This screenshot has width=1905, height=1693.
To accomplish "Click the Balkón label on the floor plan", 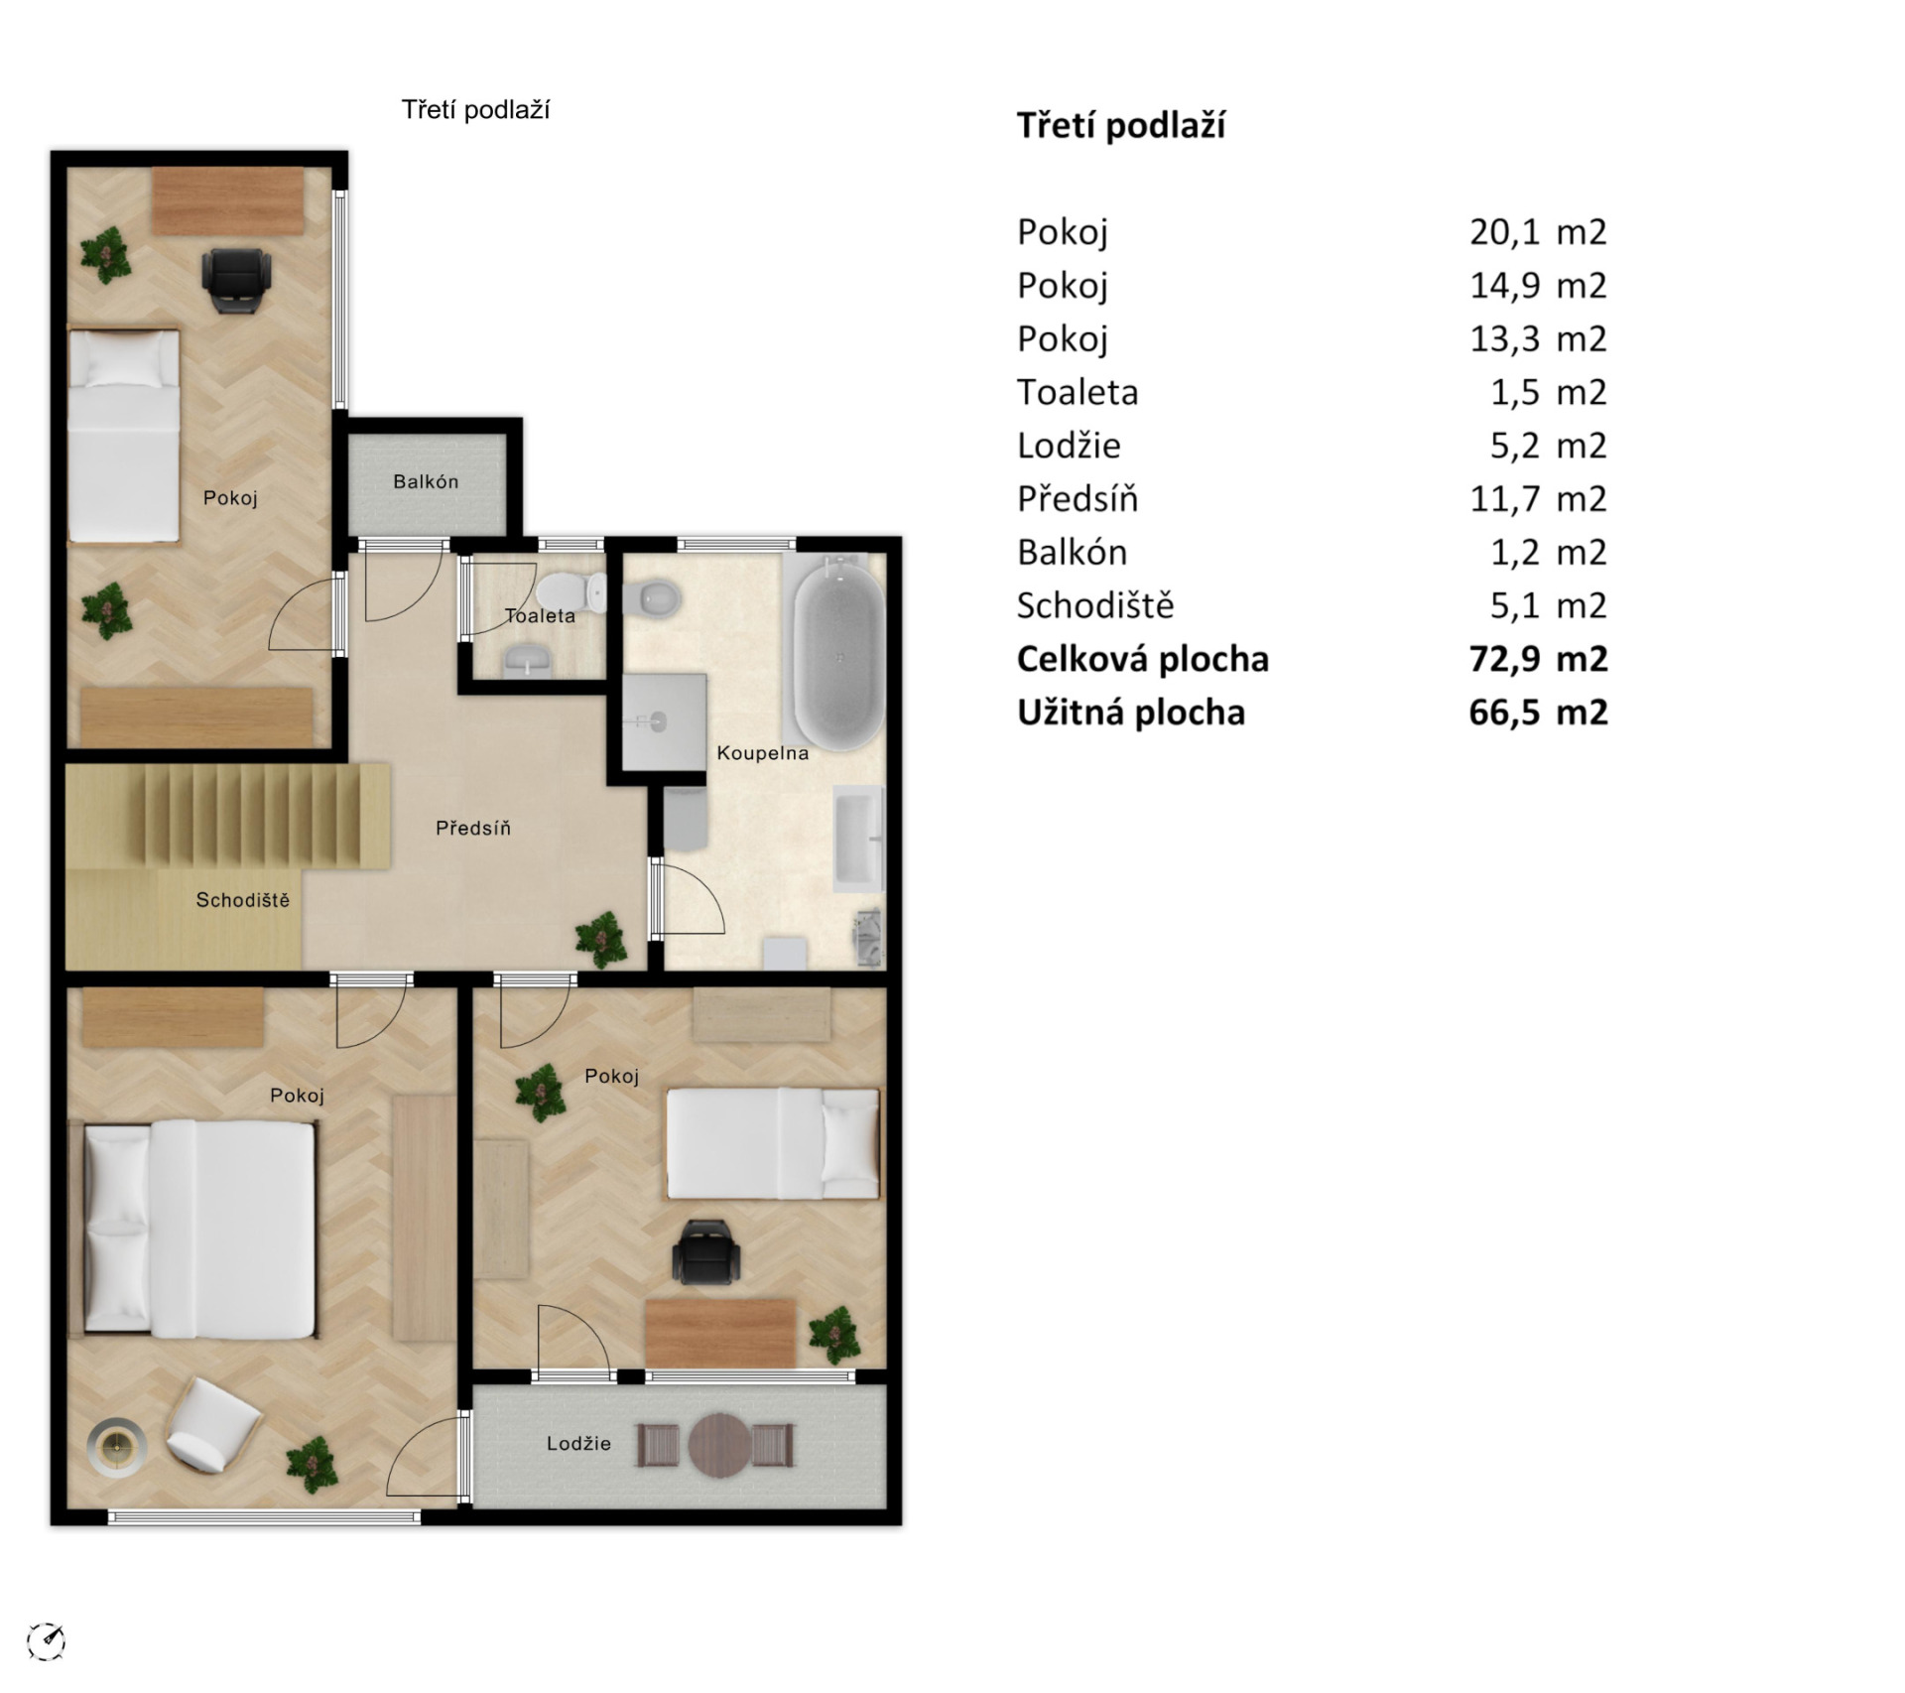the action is pos(426,481).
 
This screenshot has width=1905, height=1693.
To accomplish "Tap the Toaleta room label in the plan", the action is pos(540,615).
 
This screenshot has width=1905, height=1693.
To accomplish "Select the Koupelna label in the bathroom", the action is pos(762,753).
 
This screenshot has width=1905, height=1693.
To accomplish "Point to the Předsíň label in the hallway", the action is pos(473,828).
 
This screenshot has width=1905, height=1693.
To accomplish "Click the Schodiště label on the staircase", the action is pos(243,900).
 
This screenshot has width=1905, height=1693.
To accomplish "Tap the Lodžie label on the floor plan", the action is pos(578,1443).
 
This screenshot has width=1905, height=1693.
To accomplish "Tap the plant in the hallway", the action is pos(600,938).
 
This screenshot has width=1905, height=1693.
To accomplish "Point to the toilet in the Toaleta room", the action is pos(571,592).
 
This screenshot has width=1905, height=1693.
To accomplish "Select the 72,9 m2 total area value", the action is pos(1538,659).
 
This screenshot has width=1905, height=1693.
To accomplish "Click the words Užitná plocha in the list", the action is pos(1131,713).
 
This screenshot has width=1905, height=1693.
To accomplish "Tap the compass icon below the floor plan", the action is pos(46,1640).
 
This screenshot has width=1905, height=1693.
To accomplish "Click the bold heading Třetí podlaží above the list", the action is pos(1121,126).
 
